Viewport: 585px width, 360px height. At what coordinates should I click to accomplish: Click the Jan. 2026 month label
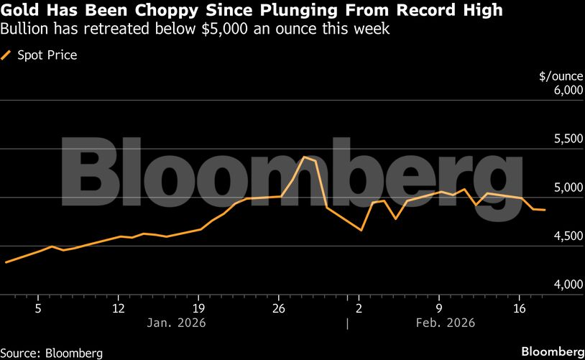pyautogui.click(x=176, y=323)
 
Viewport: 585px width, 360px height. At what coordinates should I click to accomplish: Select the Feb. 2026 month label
pyautogui.click(x=446, y=323)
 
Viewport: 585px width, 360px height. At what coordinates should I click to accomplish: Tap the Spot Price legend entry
pyautogui.click(x=47, y=55)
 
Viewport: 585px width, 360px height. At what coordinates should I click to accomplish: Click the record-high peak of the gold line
pyautogui.click(x=305, y=157)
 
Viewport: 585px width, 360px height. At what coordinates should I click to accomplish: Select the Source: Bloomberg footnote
pyautogui.click(x=51, y=353)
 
